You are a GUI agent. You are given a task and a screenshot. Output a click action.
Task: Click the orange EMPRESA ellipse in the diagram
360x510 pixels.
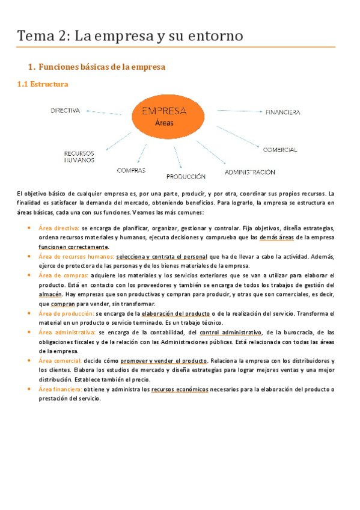163,116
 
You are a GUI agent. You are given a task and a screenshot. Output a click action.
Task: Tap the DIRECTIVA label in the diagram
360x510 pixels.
65,111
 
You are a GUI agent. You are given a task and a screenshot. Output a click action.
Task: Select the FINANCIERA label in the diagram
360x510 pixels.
282,112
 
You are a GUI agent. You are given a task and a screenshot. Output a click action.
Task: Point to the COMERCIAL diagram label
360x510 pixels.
279,149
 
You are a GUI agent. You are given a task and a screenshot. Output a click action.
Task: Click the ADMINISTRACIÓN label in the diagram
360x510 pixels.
250,172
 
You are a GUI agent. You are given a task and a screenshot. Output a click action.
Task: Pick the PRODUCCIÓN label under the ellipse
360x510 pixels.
186,177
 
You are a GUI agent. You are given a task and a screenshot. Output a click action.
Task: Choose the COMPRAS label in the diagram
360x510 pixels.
131,170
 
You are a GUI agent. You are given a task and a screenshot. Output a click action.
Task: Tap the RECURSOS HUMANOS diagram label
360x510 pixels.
79,157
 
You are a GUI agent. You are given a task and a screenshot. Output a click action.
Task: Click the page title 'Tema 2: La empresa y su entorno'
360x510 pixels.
130,36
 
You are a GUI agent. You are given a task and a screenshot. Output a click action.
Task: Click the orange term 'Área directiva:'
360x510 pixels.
59,229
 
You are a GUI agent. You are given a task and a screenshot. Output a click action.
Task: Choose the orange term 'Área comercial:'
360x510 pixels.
59,360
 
